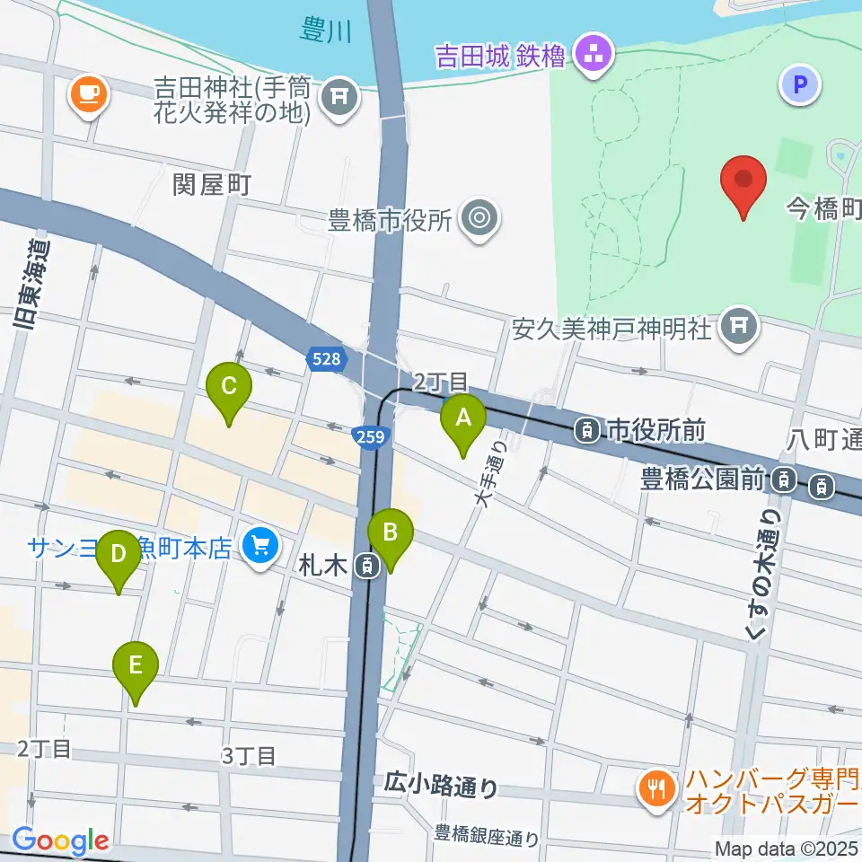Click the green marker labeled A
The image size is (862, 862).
(463, 418)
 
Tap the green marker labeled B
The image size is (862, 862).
(391, 532)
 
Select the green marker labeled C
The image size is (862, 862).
(229, 387)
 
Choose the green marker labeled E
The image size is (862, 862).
(136, 666)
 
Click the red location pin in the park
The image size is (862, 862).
(743, 180)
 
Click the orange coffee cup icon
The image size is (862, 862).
(89, 92)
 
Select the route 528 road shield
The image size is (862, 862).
(326, 358)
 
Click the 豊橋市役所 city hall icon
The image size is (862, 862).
(479, 217)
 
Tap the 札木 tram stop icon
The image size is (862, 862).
(365, 566)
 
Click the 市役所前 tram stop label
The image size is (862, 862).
(643, 432)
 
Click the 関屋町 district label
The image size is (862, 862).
(212, 186)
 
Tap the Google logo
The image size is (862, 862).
(60, 840)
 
